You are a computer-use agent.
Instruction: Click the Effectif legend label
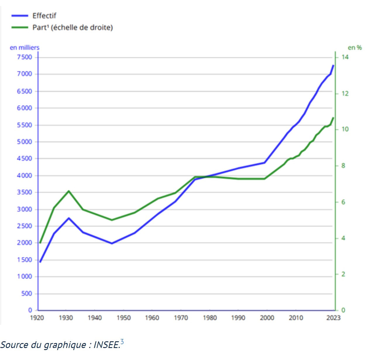tap(44, 16)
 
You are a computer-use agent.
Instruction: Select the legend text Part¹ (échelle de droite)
tap(73, 27)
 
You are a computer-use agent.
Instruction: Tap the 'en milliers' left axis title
tap(25, 47)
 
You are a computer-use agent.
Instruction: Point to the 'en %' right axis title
tap(355, 47)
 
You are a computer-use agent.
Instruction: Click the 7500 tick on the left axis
tap(25, 57)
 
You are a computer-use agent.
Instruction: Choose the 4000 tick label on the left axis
tap(25, 175)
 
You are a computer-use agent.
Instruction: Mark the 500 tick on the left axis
tap(27, 293)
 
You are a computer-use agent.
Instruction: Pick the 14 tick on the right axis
tap(345, 57)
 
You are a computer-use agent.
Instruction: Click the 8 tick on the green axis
tap(343, 166)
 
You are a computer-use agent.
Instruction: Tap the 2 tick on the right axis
tap(343, 274)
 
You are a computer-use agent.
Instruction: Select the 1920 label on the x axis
tap(37, 318)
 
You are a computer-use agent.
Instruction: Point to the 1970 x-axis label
tap(181, 318)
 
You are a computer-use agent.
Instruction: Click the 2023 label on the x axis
tap(333, 318)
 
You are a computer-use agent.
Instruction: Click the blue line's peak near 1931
tap(69, 218)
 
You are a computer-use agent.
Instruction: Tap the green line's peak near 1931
tap(69, 191)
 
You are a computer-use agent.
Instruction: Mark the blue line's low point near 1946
tap(112, 243)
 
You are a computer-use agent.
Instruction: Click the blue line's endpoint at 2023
tap(333, 65)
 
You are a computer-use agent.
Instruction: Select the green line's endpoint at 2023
tap(333, 118)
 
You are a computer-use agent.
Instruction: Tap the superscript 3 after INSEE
tap(122, 342)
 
